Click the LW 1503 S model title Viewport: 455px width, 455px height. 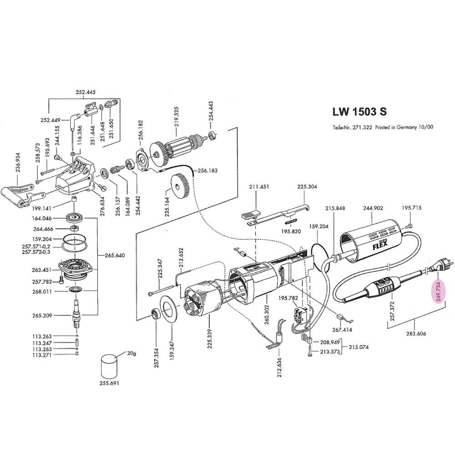[359, 112]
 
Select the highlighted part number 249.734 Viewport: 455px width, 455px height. [439, 291]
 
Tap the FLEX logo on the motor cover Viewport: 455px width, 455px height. [380, 246]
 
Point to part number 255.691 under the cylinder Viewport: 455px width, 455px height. [109, 383]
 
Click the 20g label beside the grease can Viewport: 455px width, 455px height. [131, 353]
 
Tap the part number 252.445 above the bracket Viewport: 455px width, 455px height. [86, 92]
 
